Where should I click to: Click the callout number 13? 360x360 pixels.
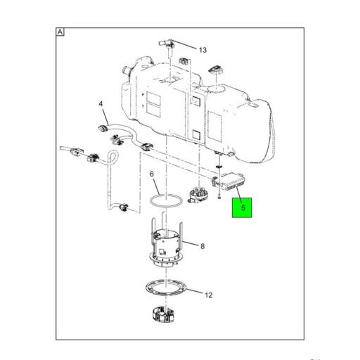202,50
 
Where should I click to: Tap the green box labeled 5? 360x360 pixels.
243,207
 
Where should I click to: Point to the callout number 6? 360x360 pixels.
151,174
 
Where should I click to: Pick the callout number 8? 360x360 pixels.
202,247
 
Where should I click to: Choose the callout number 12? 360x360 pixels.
209,295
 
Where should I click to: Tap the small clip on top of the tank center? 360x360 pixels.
185,61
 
